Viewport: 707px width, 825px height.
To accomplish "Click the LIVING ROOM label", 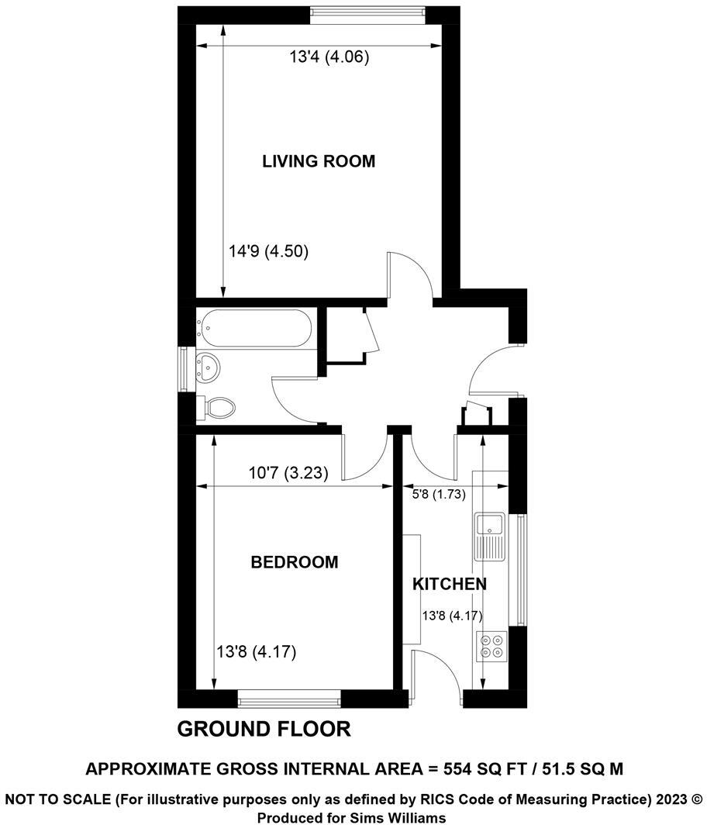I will click(x=318, y=161).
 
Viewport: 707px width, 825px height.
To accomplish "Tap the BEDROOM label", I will click(x=294, y=562).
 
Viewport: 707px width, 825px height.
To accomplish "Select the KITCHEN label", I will click(x=449, y=584).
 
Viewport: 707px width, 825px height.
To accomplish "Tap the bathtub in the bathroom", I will click(x=254, y=327).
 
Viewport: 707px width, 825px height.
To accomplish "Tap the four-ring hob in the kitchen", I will click(x=490, y=646).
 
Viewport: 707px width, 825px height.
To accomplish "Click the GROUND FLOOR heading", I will click(x=264, y=729).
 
